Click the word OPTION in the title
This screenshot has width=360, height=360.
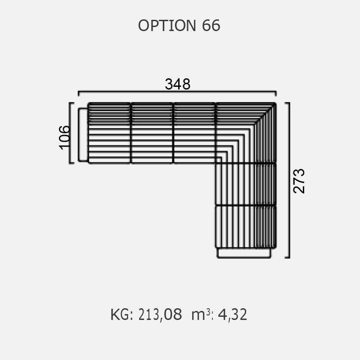click(x=167, y=26)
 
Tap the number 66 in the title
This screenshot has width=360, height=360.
click(x=211, y=26)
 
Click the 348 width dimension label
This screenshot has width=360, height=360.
click(x=177, y=84)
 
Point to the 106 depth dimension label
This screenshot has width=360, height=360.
click(x=64, y=137)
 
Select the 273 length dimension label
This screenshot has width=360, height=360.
click(x=299, y=181)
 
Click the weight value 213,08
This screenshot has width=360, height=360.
click(x=160, y=315)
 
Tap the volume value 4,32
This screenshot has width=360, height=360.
click(x=232, y=315)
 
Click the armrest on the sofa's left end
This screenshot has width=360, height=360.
click(x=83, y=135)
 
